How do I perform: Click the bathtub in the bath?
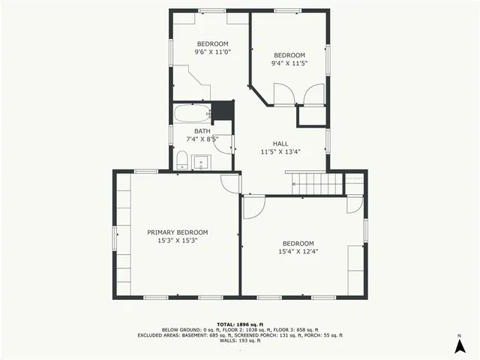coord(192,115)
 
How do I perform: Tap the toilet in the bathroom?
coord(181,160)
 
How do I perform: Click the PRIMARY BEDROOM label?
coord(178,232)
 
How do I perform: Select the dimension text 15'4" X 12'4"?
coord(298,251)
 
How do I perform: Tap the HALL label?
coord(280,143)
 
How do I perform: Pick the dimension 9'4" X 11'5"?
coord(289,64)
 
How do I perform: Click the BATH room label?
coord(202,131)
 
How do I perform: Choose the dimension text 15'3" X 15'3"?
coord(178,241)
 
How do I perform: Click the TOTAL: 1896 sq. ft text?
coord(240,324)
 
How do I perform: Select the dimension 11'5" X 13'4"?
coord(280,151)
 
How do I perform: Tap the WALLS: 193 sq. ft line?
coord(240,340)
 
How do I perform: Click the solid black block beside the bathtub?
coord(223,111)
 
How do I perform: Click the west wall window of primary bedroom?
coord(115,238)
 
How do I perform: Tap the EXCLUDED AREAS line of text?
coord(240,335)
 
